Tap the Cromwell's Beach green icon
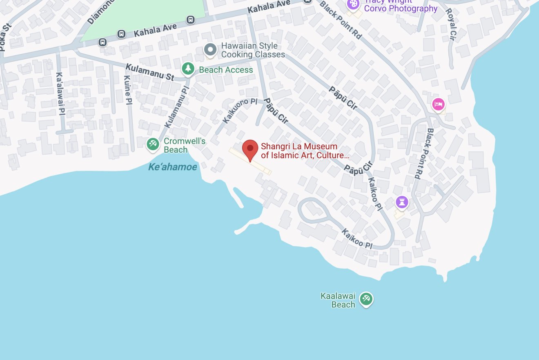[153, 144]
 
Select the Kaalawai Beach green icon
[366, 299]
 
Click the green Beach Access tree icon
[188, 68]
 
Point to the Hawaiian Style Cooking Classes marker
[210, 49]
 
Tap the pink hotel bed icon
[438, 104]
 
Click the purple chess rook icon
[402, 202]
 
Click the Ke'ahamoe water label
[172, 167]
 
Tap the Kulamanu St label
[150, 72]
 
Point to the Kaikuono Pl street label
[240, 111]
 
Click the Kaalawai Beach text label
[338, 300]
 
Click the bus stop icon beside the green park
[190, 19]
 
